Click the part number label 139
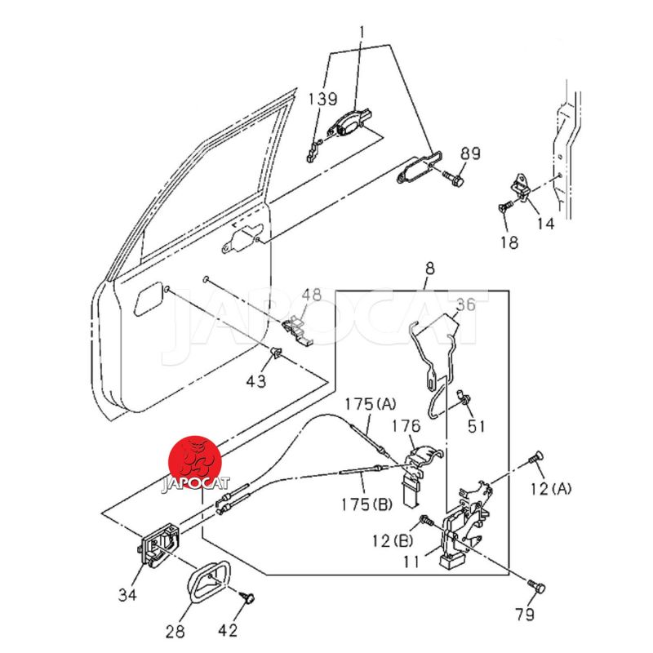point(322,99)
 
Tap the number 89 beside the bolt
point(470,153)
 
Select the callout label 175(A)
point(371,403)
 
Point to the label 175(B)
point(366,504)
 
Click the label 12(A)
point(550,488)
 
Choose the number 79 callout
point(524,614)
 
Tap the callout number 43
point(255,380)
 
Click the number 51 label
point(476,426)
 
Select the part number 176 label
point(406,426)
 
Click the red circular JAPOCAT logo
point(195,463)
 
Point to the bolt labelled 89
point(453,178)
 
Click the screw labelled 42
point(248,597)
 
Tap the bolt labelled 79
point(537,587)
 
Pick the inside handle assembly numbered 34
point(158,545)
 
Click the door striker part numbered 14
point(523,188)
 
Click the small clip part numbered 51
point(463,397)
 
